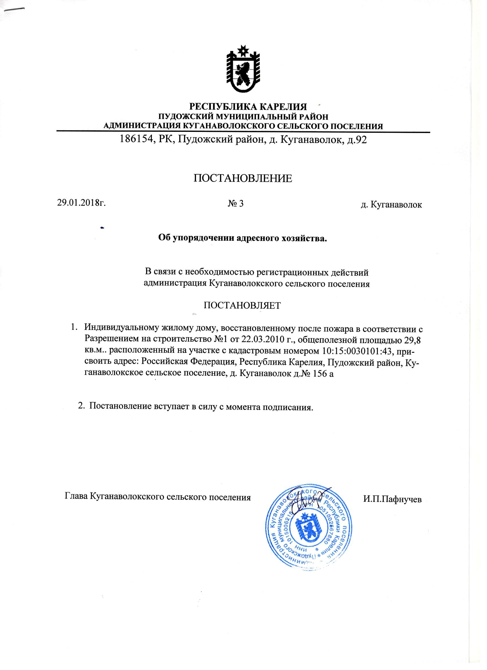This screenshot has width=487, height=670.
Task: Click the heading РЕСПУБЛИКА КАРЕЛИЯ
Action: pos(248,107)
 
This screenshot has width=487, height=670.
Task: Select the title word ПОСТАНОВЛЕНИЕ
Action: pos(243,179)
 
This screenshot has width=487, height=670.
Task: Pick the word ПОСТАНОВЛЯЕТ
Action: pos(242,305)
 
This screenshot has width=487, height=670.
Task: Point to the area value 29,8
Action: pos(412,340)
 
